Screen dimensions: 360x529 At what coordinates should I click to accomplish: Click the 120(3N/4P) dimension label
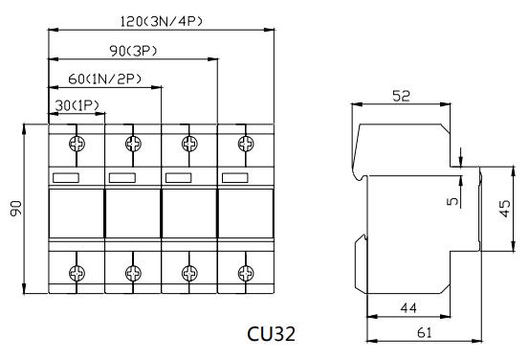coord(161,20)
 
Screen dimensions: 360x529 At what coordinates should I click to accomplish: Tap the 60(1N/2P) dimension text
coord(105,79)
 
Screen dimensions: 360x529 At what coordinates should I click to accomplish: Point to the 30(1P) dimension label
coord(76,104)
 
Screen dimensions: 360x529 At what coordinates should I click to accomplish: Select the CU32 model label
coord(270,334)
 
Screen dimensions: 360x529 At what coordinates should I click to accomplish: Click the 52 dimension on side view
coord(402,96)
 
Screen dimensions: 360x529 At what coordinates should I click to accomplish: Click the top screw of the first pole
coord(76,144)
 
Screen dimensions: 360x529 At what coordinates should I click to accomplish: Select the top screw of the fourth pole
coord(246,144)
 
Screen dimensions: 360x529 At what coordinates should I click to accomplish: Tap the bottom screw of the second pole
coord(132,273)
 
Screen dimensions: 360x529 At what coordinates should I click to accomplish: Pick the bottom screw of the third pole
coord(189,273)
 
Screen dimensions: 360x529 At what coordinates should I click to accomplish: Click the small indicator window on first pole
coord(67,177)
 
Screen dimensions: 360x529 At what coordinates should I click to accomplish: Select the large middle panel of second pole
coord(132,217)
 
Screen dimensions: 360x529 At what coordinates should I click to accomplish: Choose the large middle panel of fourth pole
coord(246,217)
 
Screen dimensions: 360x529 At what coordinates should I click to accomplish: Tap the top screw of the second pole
coord(132,144)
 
